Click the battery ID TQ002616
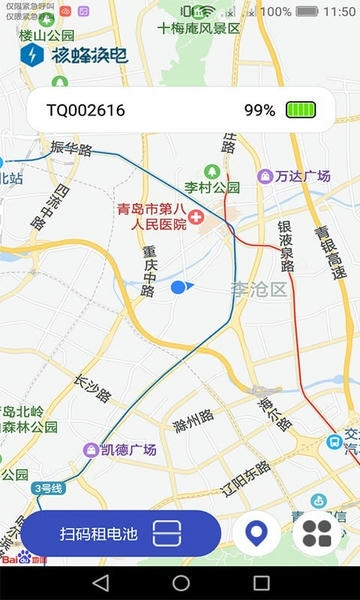coord(86,110)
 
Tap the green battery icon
coord(300,110)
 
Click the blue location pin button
coord(257,534)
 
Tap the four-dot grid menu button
coord(317,534)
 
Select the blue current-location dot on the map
coord(179,288)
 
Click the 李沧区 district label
coord(258,290)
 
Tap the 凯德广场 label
coord(130,450)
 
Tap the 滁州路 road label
coord(193,420)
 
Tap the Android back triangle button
coord(99,582)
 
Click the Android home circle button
coord(180,582)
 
